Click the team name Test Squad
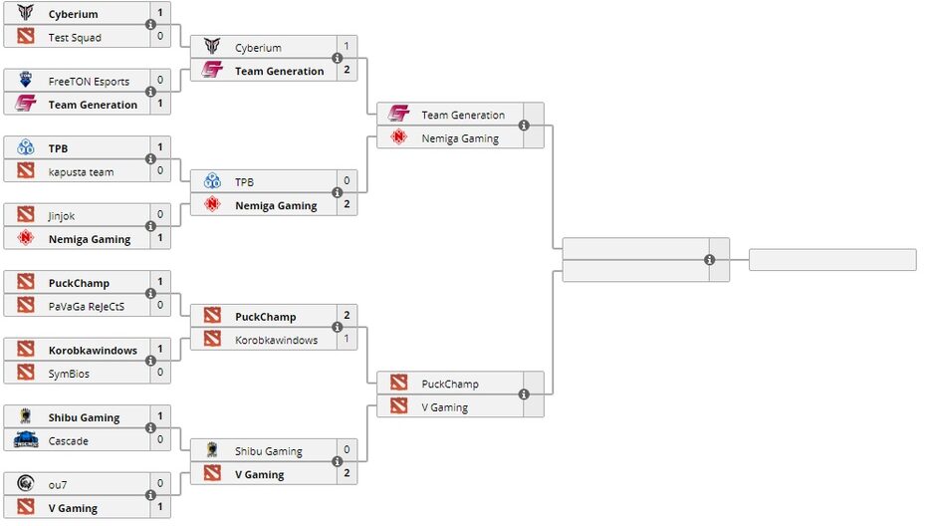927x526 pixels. (x=75, y=38)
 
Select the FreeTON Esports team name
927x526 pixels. (x=89, y=82)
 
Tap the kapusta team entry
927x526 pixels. (x=81, y=172)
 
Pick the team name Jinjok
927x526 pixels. (x=63, y=215)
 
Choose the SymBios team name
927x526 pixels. (x=70, y=373)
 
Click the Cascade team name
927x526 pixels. (x=68, y=440)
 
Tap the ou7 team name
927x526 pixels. (x=58, y=485)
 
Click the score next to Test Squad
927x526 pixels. (x=160, y=38)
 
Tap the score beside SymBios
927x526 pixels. (x=160, y=373)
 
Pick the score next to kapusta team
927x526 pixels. (x=160, y=172)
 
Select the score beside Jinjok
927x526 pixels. (x=160, y=215)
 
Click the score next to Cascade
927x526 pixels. (x=160, y=440)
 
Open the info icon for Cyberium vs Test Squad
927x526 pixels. (x=150, y=25)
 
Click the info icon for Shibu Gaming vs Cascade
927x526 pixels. (x=150, y=428)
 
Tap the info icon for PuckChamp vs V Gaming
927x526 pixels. (x=524, y=395)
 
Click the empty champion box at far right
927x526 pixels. (x=831, y=260)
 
